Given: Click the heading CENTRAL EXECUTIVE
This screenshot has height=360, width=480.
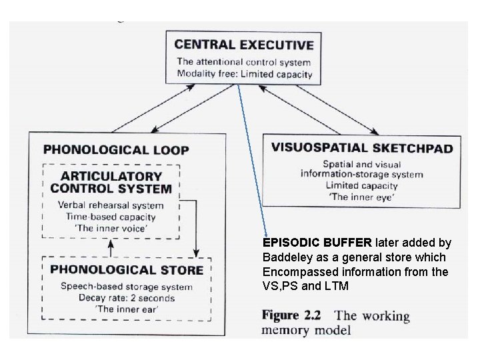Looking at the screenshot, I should (x=243, y=45).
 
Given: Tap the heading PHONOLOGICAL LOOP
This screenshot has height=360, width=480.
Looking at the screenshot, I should (x=116, y=150).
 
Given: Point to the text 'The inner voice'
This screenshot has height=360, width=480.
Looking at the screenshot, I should (x=110, y=229).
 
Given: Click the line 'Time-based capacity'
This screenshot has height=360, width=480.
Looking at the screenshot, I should (x=110, y=217).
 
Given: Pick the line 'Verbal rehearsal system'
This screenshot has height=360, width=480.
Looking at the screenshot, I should (x=110, y=205).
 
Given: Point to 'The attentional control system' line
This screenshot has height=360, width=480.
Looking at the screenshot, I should (x=243, y=61).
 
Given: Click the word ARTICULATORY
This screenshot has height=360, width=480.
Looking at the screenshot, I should (x=111, y=176).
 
